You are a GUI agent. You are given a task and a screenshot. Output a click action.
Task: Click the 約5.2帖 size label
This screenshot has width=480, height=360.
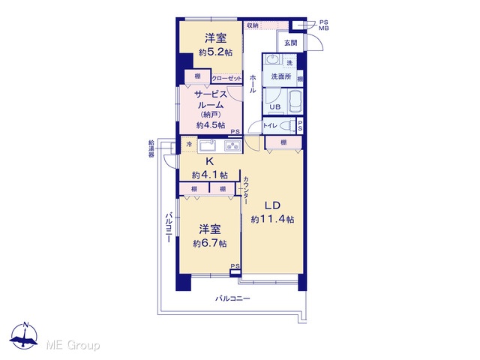215,52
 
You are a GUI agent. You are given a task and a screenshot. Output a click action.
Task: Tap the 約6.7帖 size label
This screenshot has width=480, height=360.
210,243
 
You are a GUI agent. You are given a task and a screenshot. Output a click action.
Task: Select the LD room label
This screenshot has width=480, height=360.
272,205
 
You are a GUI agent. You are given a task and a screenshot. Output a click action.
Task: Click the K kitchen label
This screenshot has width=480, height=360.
210,161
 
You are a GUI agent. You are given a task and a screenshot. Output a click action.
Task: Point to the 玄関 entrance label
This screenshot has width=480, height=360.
290,43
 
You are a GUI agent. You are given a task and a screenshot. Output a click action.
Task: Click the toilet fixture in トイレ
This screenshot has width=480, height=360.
286,125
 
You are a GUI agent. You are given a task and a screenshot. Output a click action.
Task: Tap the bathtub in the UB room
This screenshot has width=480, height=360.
295,101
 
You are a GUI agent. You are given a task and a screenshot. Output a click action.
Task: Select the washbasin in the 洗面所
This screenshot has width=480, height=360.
272,58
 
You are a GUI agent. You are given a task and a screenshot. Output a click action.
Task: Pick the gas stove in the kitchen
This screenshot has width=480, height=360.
233,146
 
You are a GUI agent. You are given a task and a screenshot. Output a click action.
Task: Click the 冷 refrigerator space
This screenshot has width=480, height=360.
190,144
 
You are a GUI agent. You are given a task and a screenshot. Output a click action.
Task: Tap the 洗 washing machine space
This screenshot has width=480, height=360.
289,63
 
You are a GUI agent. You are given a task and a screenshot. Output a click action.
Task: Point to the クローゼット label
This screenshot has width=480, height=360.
226,78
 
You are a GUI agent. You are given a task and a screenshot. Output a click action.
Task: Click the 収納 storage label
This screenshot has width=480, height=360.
253,25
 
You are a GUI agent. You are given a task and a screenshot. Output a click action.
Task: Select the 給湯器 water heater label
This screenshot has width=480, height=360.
151,148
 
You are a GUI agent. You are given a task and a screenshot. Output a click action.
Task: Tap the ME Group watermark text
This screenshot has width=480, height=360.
73,345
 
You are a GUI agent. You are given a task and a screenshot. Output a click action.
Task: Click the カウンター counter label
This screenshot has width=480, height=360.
246,190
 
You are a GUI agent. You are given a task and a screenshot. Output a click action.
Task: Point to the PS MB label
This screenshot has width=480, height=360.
324,25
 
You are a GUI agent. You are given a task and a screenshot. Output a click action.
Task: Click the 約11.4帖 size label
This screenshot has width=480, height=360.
272,219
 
